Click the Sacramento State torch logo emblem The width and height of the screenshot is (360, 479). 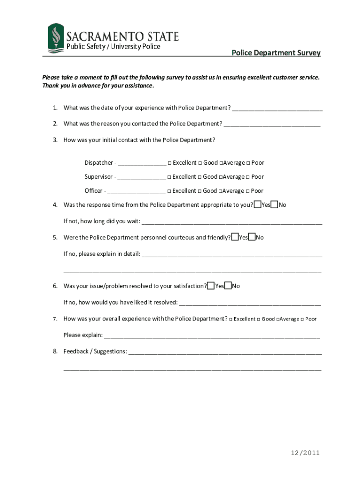(55, 39)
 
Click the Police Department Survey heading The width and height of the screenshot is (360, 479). (276, 53)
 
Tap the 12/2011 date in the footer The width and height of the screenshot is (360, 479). (305, 453)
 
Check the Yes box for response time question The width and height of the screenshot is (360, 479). (258, 204)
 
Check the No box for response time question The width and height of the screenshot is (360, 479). (275, 204)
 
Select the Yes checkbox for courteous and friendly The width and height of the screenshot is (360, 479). (235, 237)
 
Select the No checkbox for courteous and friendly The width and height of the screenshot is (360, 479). (252, 237)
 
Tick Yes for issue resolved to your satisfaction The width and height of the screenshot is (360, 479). (211, 286)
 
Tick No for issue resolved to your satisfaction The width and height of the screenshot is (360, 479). (228, 286)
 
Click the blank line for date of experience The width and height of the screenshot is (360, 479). (277, 109)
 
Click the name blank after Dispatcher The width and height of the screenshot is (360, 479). (142, 164)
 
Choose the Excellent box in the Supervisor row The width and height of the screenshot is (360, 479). (170, 177)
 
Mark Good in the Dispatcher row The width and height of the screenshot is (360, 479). (200, 163)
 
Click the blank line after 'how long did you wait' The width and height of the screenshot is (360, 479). (231, 222)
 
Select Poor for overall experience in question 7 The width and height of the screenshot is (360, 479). (302, 319)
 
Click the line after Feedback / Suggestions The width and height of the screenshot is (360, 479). (225, 352)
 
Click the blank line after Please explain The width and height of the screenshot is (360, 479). (212, 336)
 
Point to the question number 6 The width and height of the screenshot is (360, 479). (55, 286)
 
